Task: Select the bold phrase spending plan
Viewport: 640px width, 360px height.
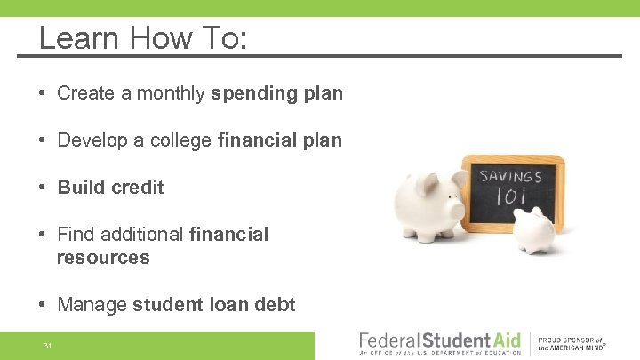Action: point(276,93)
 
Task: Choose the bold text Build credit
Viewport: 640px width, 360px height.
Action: point(110,188)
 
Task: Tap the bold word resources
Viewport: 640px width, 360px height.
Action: point(103,258)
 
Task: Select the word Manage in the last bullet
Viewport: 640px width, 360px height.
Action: point(92,305)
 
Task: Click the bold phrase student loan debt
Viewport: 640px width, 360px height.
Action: point(214,305)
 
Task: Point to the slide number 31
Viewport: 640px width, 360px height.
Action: point(47,346)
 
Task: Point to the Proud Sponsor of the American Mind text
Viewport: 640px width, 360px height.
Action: point(571,344)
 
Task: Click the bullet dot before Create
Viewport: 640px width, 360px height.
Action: point(44,93)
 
